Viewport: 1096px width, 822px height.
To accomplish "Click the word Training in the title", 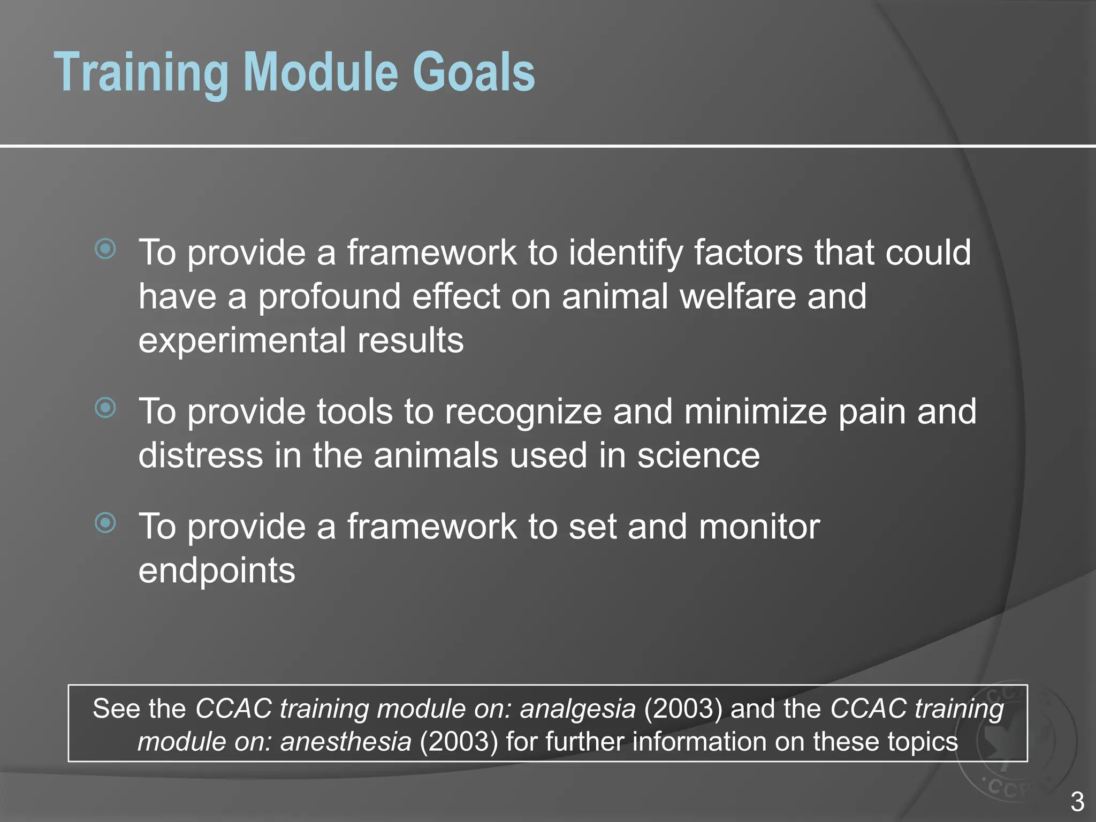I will pos(142,73).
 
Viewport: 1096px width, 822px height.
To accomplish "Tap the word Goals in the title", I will pos(473,73).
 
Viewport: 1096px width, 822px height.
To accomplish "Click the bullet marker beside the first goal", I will pos(105,249).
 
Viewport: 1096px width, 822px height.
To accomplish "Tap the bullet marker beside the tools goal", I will pos(105,408).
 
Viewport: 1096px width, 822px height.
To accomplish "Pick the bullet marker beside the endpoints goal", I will pos(105,523).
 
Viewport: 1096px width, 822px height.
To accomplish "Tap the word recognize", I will pos(522,412).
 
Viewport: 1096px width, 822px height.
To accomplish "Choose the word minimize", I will pos(755,412).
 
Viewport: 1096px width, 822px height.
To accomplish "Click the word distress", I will pos(201,456).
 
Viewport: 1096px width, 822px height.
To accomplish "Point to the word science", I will pos(698,456).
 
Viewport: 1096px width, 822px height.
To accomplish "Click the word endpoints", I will pos(217,571).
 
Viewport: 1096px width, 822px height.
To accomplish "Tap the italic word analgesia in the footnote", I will pos(578,709).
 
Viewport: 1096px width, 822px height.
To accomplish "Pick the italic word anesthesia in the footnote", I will pos(346,742).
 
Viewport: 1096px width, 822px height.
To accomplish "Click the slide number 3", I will pos(1077,802).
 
